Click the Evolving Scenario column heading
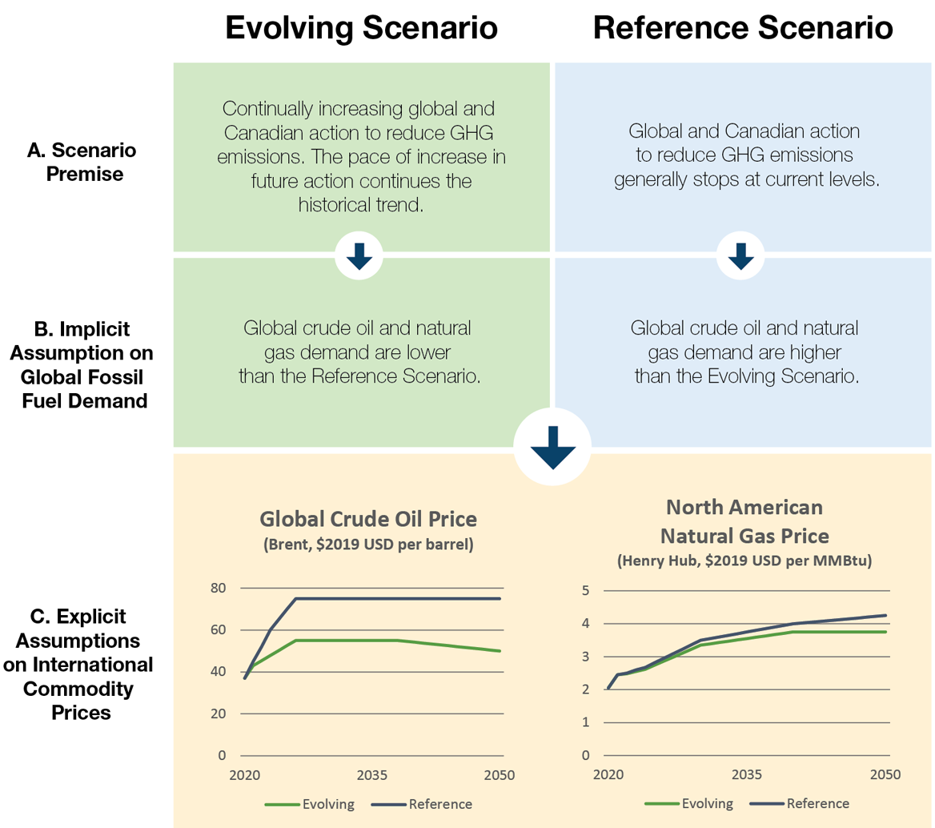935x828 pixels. pos(361,29)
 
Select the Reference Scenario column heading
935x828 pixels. pos(742,29)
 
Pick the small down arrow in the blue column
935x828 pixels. pos(740,256)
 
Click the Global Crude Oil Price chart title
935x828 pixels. pos(369,519)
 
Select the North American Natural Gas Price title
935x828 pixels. pos(744,521)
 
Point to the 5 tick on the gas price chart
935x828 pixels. pos(586,591)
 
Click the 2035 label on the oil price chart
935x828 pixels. pos(372,776)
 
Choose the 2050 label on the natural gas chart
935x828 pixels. pos(885,776)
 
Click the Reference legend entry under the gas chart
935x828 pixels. pos(817,803)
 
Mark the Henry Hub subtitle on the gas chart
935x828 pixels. pos(744,561)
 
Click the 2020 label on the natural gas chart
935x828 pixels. pos(608,776)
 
